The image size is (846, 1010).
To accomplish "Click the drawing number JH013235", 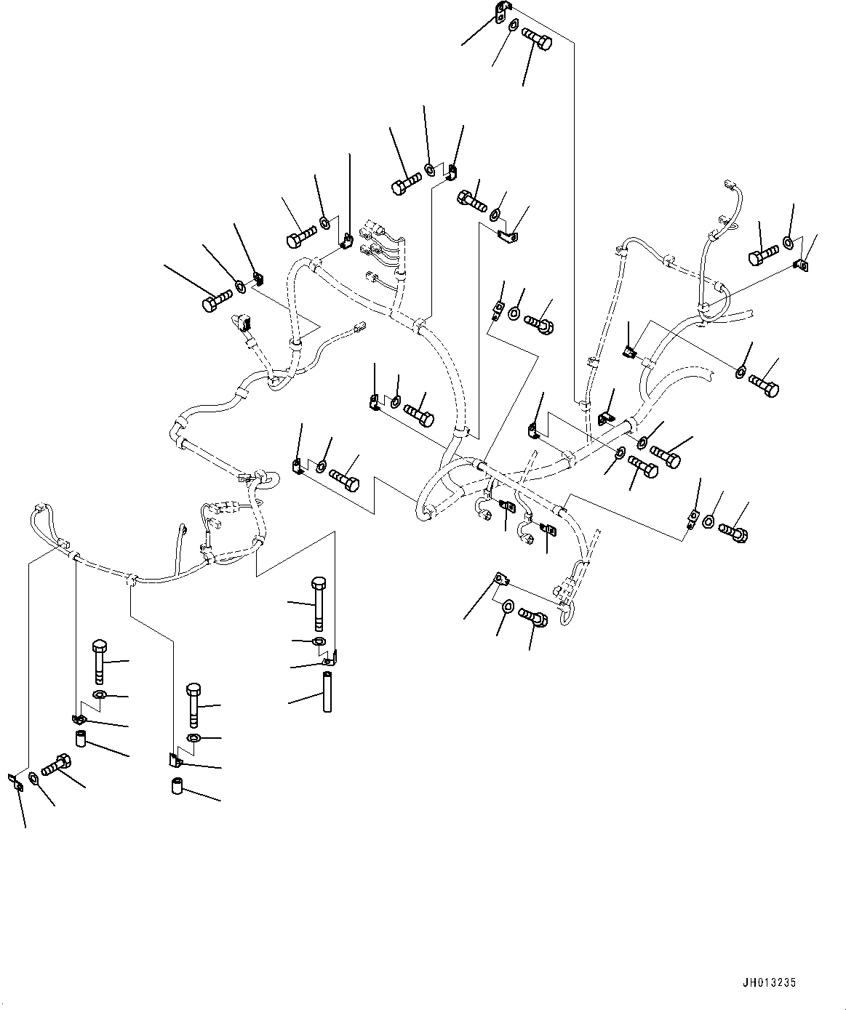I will (x=770, y=982).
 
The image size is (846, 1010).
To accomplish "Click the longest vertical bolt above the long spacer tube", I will (x=318, y=603).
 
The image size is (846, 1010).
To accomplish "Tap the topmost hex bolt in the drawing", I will (x=538, y=35).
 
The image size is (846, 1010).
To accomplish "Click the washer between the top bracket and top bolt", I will (x=514, y=26).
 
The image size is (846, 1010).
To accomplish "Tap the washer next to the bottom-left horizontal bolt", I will (x=34, y=779).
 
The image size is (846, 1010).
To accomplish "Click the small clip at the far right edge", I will (x=801, y=266).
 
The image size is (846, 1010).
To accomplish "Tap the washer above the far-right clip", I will (x=788, y=241).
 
